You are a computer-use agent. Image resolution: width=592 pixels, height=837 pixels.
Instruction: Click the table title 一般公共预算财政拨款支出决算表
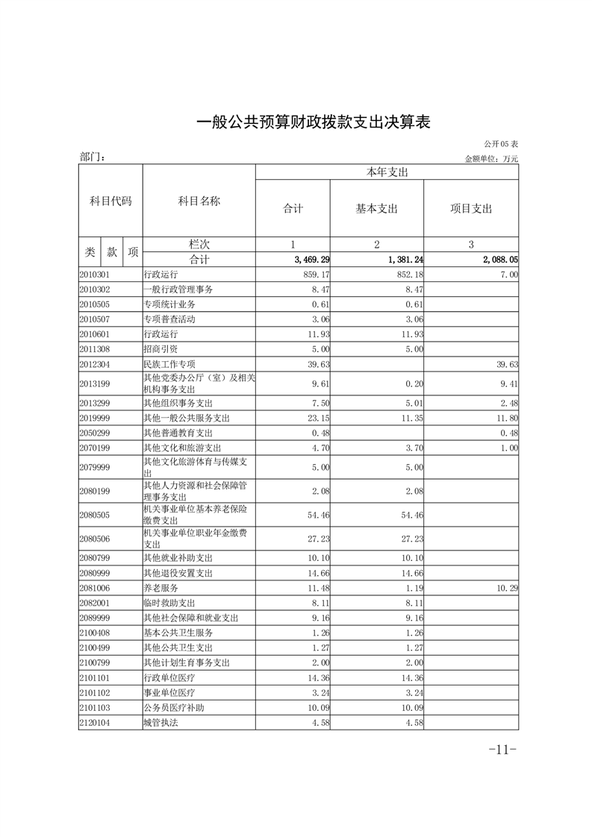[x=314, y=122]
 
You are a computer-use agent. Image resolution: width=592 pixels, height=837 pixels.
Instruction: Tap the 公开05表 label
[x=500, y=143]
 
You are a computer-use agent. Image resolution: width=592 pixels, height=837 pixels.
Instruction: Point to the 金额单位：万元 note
[x=491, y=158]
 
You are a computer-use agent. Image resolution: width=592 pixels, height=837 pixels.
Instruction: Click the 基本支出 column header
[x=376, y=209]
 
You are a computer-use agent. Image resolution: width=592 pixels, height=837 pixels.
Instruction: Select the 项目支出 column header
[x=470, y=209]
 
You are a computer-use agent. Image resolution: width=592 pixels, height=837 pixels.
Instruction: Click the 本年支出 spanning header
[x=387, y=172]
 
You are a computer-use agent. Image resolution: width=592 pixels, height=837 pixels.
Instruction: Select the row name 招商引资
[x=161, y=348]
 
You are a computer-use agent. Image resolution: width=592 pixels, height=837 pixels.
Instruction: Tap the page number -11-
[x=502, y=750]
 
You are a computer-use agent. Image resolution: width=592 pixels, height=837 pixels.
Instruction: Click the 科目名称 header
[x=199, y=201]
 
